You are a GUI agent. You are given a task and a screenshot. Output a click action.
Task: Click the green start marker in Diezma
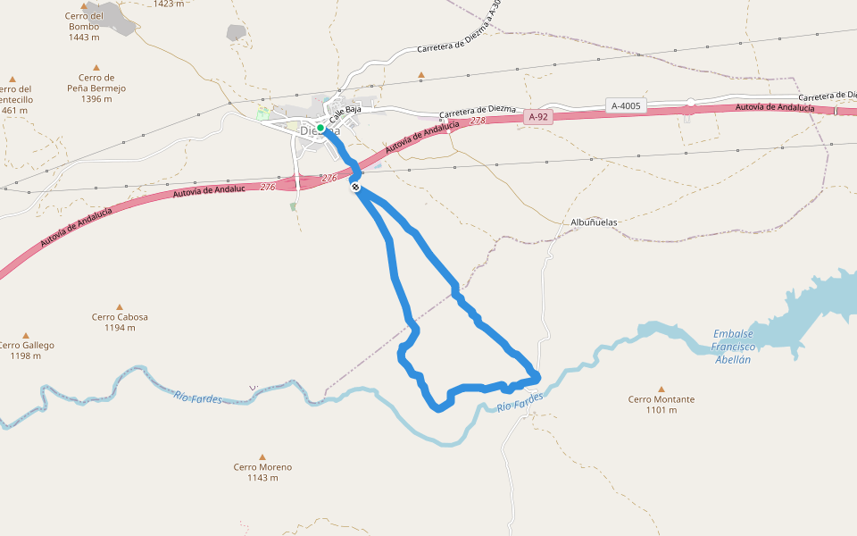tap(320, 128)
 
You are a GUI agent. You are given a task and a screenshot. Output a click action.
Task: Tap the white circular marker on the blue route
tap(355, 187)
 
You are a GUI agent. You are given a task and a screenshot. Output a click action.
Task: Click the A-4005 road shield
tap(626, 106)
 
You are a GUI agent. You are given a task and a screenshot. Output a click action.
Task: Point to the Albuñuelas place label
tap(594, 222)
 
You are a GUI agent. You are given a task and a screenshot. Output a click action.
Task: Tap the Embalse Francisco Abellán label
tap(733, 347)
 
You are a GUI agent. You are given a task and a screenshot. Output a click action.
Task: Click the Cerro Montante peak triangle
tap(661, 389)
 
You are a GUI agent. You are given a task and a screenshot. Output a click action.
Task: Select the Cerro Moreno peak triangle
tap(262, 456)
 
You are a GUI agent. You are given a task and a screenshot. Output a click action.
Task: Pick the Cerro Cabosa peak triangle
tap(120, 306)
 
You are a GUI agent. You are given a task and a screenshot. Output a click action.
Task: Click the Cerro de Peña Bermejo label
tap(96, 88)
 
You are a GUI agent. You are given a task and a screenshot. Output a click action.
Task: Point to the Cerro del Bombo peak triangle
tap(84, 5)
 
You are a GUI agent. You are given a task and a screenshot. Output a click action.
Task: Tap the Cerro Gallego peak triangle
tap(25, 335)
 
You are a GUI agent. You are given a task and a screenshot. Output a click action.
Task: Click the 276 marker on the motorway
tap(268, 187)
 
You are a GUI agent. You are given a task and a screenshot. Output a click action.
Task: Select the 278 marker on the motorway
tap(477, 121)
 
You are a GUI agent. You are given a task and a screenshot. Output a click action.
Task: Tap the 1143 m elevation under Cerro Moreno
tap(262, 478)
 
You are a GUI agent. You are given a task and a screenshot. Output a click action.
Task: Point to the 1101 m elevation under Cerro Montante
tap(661, 410)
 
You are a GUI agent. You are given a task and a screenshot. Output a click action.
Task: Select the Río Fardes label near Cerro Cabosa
tap(197, 397)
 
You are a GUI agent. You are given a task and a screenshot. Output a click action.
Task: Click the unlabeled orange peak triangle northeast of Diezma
tap(421, 75)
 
